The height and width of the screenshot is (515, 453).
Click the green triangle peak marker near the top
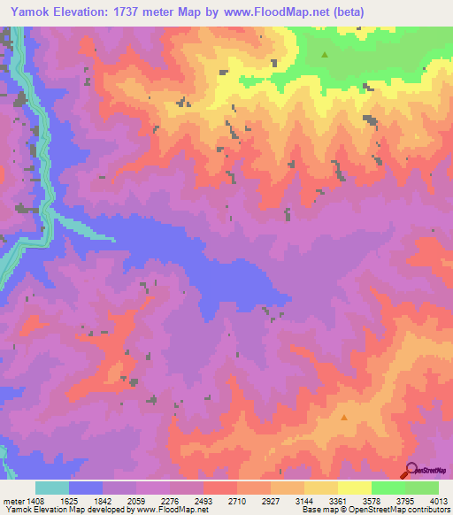[x=324, y=55]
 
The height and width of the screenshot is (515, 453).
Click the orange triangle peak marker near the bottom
[x=344, y=417]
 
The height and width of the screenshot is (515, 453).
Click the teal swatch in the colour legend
[x=52, y=488]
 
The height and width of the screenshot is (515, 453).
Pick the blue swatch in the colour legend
[x=86, y=488]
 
